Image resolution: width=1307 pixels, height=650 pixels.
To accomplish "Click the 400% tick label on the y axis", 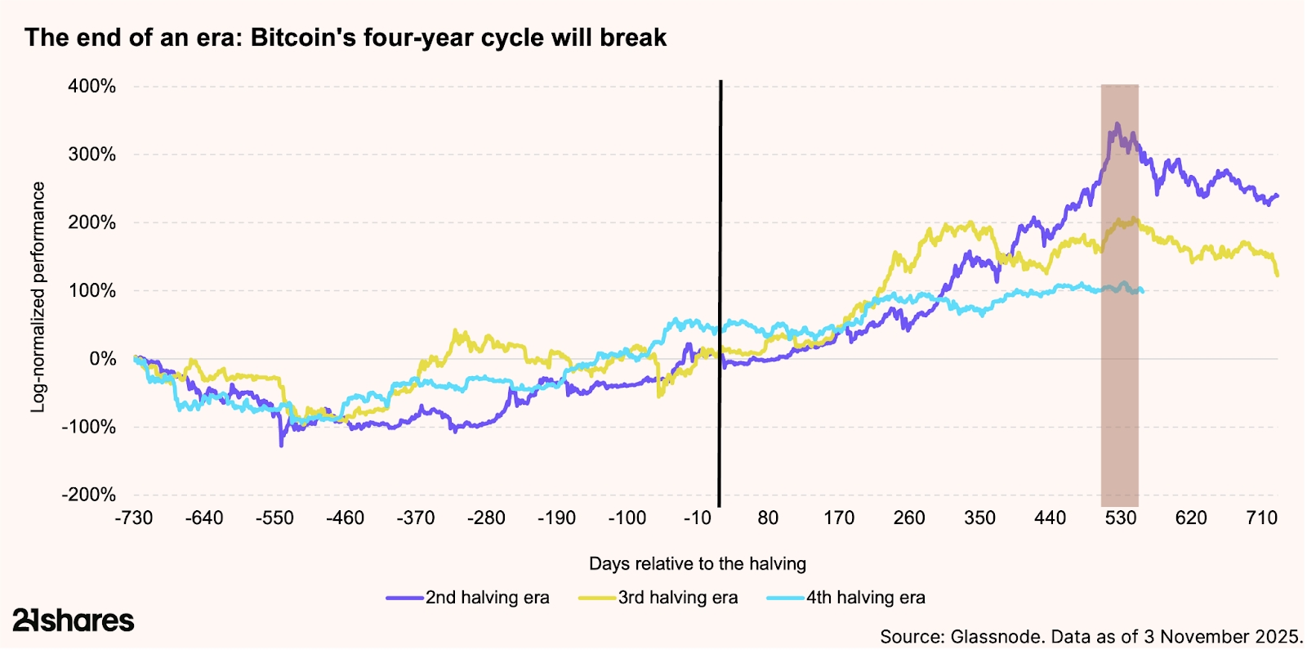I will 91,87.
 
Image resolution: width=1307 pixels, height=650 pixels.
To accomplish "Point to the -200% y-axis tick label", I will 89,495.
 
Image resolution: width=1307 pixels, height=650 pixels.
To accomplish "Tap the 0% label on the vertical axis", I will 103,359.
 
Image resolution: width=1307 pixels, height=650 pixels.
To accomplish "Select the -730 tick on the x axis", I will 134,518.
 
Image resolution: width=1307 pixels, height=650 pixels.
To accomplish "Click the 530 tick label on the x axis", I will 1121,518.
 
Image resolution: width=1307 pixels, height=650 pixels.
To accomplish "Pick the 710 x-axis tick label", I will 1261,518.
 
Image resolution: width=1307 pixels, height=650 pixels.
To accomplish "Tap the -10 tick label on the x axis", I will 697,518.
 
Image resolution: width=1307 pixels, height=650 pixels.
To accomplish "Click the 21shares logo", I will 74,621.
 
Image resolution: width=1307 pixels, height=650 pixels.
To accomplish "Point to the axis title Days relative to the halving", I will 697,563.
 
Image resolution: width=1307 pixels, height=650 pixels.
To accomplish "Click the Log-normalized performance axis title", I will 38,297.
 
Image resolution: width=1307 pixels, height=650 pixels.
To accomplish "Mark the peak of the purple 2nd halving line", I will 1117,124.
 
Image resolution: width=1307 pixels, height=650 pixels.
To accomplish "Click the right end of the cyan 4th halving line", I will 1141,291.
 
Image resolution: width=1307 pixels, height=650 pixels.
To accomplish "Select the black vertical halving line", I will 720,294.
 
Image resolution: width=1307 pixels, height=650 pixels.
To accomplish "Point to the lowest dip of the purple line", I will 282,445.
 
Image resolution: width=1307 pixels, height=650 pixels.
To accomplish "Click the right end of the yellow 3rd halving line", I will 1277,275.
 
